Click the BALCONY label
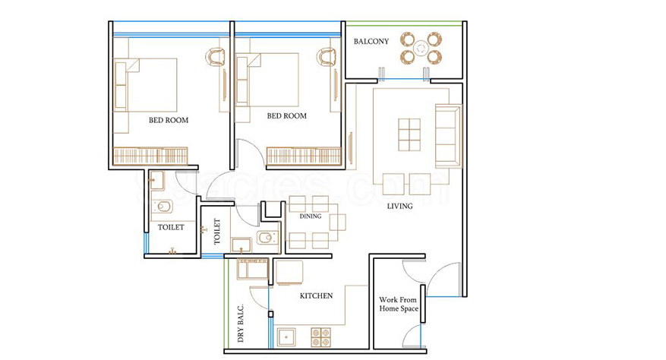[x=371, y=41]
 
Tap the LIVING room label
[x=399, y=206]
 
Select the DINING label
[x=311, y=216]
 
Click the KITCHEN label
[x=317, y=295]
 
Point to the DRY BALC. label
[x=241, y=324]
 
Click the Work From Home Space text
[x=399, y=305]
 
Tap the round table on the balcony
[x=421, y=48]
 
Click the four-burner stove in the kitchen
[x=320, y=337]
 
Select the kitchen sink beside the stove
[x=287, y=337]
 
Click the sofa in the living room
[x=448, y=136]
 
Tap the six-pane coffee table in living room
[x=409, y=134]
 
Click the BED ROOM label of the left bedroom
[x=169, y=120]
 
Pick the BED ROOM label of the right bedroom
[x=287, y=115]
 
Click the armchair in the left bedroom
[x=216, y=57]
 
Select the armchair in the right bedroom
[x=326, y=57]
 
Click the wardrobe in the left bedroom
[x=150, y=156]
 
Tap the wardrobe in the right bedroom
[x=304, y=156]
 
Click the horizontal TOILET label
[x=171, y=227]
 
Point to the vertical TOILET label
[x=217, y=232]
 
